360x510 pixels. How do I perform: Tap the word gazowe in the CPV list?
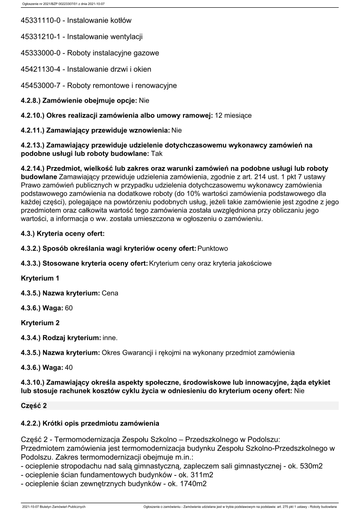coord(144,53)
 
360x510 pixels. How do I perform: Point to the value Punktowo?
coord(213,248)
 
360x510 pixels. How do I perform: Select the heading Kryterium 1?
coord(40,277)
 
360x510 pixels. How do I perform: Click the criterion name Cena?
coord(110,293)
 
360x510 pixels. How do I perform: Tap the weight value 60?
coord(69,308)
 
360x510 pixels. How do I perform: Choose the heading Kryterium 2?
coord(40,323)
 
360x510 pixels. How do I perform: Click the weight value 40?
coord(69,367)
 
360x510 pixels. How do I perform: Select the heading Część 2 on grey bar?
coord(34,406)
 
